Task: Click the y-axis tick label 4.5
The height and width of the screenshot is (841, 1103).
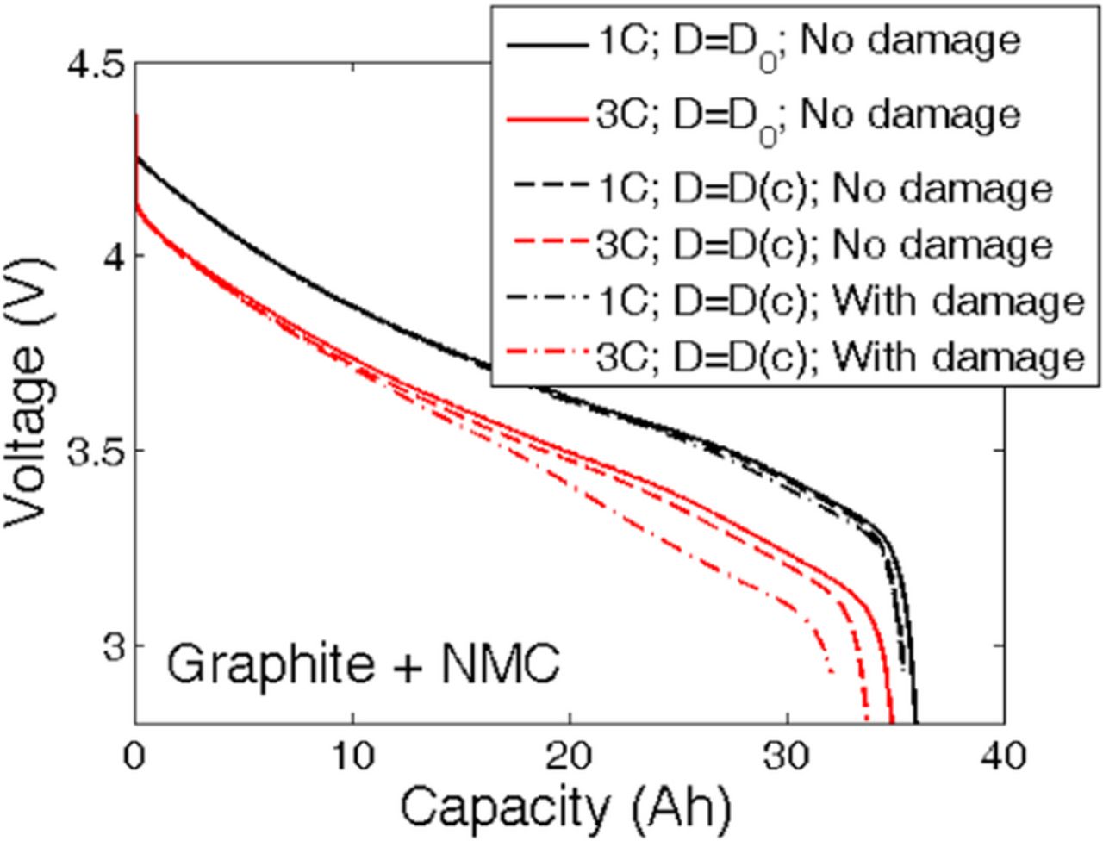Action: coord(93,65)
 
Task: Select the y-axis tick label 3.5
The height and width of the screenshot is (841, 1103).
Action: coord(93,451)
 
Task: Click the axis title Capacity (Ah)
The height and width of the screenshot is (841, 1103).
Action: coord(567,809)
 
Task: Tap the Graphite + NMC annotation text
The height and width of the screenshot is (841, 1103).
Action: coord(364,665)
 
